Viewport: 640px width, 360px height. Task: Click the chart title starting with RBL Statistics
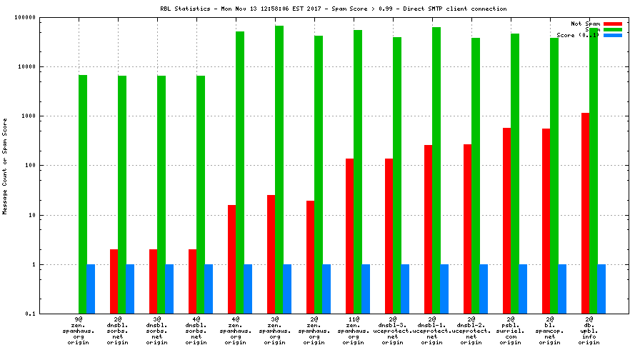(334, 9)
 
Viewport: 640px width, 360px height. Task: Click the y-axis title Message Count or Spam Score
(5, 166)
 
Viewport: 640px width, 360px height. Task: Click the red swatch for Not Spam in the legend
(613, 24)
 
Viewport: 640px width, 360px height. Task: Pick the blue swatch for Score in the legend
(613, 35)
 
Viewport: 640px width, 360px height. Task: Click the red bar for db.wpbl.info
(586, 213)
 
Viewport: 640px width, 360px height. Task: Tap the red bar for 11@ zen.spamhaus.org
(350, 236)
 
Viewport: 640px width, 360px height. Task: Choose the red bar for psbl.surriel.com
(507, 221)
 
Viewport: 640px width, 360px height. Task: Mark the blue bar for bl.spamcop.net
(562, 289)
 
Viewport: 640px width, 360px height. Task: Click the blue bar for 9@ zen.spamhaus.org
(91, 289)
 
